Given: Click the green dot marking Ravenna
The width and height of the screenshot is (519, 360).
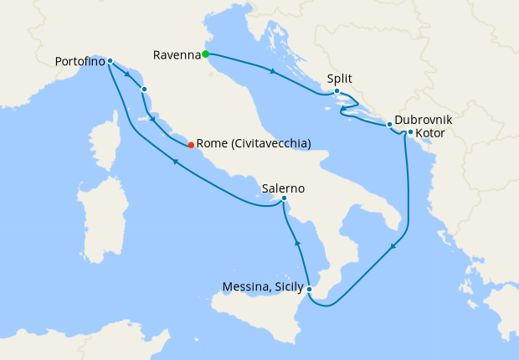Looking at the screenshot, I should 205,54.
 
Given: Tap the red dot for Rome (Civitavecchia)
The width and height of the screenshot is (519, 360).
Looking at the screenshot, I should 191,144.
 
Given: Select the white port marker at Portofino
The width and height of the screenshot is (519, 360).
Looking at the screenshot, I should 110,61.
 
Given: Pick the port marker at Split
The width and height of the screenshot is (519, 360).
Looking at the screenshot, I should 336,90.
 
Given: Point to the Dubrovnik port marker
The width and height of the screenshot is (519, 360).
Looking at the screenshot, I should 389,125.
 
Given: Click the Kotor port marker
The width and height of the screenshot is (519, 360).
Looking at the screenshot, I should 410,132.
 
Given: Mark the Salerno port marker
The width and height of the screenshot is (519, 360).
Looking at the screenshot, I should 285,198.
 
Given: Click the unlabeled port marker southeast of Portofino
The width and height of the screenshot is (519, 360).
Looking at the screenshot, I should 145,89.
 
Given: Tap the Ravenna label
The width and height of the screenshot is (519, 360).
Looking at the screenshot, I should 177,55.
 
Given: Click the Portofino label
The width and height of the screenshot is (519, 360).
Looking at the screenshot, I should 80,61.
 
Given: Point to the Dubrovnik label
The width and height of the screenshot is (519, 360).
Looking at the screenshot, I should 424,120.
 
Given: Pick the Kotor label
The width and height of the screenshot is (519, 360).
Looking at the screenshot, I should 430,133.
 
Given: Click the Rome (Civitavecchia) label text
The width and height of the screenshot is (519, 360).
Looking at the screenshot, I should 253,144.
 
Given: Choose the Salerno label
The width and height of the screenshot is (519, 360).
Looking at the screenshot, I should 282,188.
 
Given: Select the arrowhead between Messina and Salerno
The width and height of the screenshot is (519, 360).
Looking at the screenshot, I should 297,243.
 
